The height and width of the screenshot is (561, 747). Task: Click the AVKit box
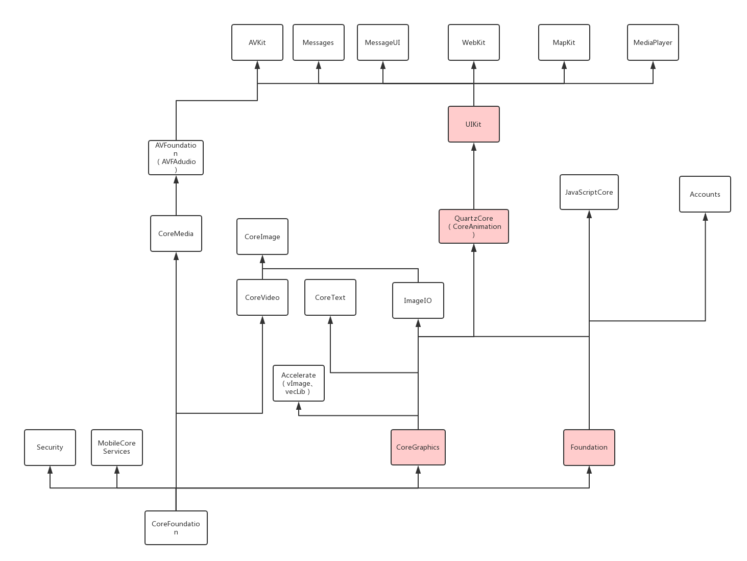[x=257, y=42]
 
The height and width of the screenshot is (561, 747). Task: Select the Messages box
[x=319, y=42]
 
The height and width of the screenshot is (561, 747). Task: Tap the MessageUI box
[x=383, y=42]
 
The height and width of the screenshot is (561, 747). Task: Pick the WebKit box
[x=474, y=42]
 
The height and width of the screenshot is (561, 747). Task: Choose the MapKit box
[x=564, y=42]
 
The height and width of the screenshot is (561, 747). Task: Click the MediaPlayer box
[x=653, y=42]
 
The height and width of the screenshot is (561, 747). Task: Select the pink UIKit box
[x=474, y=124]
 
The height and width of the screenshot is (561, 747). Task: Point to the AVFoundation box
[x=176, y=158]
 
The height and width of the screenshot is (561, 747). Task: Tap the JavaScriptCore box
[x=589, y=192]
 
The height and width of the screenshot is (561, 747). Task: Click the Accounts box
[x=705, y=194]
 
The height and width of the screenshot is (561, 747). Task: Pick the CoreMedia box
[x=176, y=233]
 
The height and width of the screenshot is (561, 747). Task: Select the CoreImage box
[x=262, y=237]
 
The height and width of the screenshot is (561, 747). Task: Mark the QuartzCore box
[x=474, y=226]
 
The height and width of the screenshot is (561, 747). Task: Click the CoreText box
[x=330, y=297]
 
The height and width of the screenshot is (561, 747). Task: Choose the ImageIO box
[x=418, y=300]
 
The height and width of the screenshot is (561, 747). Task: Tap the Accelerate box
[x=299, y=383]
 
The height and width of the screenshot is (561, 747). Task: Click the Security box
[x=50, y=448]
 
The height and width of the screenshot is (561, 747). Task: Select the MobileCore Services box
[x=117, y=448]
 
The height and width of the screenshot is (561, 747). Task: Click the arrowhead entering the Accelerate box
[x=299, y=406]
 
